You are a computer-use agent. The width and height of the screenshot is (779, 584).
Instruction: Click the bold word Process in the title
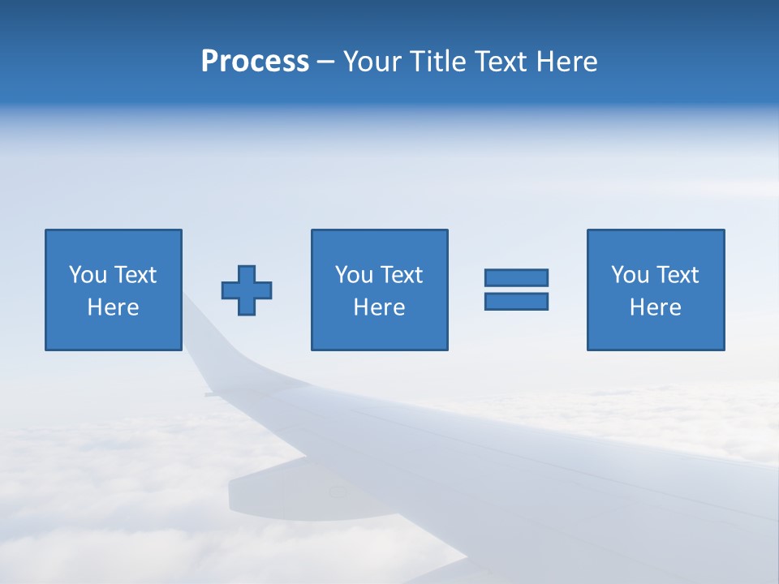[x=255, y=62]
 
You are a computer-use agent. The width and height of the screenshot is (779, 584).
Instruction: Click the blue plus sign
[x=247, y=290]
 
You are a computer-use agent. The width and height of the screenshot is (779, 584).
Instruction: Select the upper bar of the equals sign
[x=516, y=278]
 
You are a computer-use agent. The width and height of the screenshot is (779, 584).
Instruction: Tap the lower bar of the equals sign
[x=516, y=301]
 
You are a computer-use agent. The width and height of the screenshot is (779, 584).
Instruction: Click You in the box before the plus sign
[x=87, y=275]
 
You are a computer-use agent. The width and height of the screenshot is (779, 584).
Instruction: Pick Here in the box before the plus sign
[x=113, y=307]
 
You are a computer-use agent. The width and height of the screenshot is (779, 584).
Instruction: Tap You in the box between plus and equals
[x=353, y=275]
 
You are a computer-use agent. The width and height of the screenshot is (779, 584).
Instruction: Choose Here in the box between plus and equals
[x=379, y=307]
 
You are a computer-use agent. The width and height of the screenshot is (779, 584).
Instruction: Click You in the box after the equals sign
[x=629, y=275]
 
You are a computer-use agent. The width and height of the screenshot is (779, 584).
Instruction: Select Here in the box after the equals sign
[x=655, y=307]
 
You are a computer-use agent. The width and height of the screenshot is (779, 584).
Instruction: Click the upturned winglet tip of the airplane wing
[x=193, y=312]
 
